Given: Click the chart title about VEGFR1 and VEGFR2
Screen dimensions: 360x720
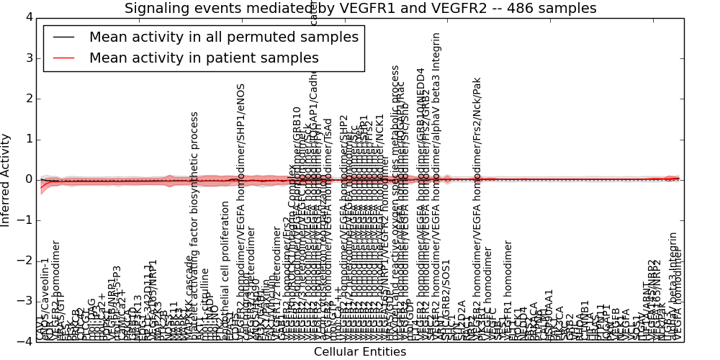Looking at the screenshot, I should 360,9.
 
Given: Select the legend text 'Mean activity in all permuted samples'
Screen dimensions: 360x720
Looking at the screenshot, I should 223,37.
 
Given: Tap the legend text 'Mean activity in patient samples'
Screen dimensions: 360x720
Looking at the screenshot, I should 204,58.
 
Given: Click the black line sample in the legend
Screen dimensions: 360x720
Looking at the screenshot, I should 64,37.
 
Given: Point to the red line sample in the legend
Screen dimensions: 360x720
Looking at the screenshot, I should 64,58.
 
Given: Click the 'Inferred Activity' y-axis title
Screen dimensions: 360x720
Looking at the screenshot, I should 6,180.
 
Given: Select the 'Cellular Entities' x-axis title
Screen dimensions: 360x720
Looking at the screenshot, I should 360,352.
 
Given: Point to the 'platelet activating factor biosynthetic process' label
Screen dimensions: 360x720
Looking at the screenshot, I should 194,226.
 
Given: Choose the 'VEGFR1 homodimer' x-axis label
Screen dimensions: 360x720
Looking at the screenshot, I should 507,302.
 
